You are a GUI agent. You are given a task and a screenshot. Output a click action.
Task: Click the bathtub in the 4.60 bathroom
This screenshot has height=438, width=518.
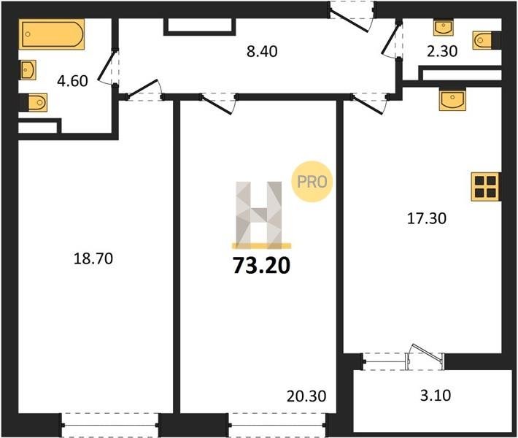coord(52,34)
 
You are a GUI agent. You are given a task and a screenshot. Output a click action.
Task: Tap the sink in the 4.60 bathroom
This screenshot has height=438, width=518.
coord(28,69)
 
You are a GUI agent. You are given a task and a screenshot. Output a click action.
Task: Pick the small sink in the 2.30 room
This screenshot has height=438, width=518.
coord(444,28)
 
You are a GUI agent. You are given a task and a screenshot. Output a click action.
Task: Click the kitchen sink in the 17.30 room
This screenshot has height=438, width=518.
coord(452,99)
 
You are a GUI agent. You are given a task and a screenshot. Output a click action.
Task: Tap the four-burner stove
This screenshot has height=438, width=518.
coord(485,187)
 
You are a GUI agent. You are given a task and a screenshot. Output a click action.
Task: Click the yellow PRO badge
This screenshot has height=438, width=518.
coord(312,182)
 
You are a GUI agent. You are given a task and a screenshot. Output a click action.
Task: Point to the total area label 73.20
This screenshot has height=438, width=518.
coord(262,266)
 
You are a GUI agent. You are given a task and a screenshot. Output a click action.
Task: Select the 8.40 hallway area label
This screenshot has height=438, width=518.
coord(262,52)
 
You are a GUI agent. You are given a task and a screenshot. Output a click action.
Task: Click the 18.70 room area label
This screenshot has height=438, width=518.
coord(93,258)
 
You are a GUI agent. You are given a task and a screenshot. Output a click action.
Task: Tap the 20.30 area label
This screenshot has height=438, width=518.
coord(306,396)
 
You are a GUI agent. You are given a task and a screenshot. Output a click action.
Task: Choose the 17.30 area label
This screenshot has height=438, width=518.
coord(427,218)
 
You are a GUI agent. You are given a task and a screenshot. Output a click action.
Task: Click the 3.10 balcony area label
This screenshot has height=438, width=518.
coord(436,395)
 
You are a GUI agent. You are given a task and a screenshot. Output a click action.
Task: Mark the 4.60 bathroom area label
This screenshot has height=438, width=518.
coord(72,81)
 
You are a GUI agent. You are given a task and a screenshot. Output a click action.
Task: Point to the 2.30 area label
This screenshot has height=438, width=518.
coord(442,51)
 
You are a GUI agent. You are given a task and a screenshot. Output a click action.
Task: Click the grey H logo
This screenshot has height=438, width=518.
coord(259,215)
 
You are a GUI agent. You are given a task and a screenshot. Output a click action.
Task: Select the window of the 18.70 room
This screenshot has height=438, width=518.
coord(110,425)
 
